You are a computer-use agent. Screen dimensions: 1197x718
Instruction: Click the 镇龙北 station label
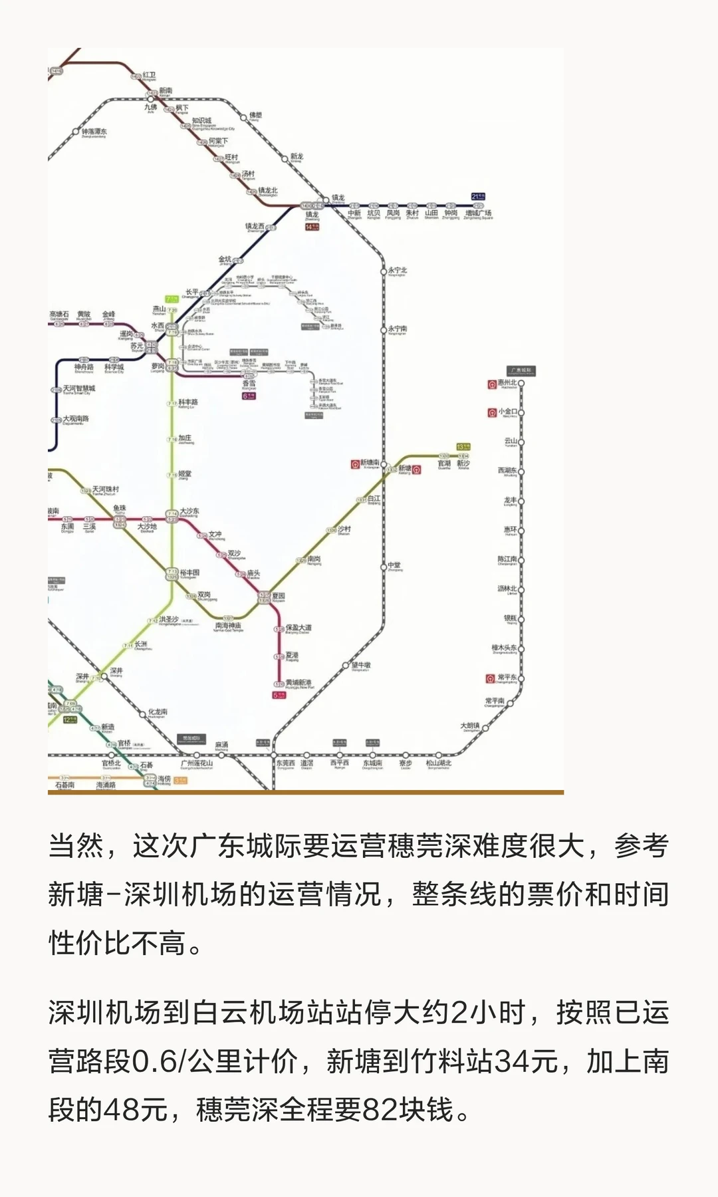[268, 191]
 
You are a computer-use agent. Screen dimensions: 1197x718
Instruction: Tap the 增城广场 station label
[478, 213]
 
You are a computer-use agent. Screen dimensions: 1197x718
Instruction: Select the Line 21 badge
[478, 196]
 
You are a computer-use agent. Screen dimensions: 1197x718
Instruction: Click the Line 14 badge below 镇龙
[312, 227]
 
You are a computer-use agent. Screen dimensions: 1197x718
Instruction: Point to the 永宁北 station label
[398, 271]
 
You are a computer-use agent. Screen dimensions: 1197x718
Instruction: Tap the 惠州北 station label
[507, 383]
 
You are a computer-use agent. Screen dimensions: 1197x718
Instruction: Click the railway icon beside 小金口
[492, 412]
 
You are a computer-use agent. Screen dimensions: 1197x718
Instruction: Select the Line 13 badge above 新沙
[463, 447]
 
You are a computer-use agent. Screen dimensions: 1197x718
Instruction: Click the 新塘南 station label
[370, 462]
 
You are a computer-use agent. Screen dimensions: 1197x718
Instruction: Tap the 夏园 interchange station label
[278, 596]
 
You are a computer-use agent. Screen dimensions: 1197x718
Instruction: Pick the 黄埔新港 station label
[299, 683]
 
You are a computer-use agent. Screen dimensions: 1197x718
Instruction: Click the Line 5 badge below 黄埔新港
[279, 696]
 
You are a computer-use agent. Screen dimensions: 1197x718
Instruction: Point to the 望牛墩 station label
[361, 665]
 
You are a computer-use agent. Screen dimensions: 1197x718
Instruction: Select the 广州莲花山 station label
[197, 763]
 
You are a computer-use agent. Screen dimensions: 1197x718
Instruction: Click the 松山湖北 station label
[439, 763]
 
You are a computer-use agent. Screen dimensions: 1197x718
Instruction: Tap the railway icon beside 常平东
[491, 679]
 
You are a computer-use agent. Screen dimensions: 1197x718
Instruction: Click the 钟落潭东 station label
[94, 132]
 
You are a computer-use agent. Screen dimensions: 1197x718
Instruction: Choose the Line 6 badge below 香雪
[249, 396]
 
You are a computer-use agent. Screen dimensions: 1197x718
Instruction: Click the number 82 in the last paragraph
[380, 1109]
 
